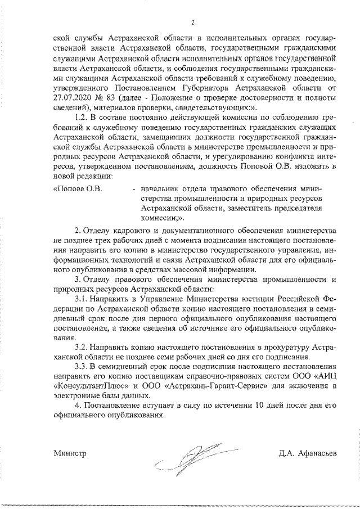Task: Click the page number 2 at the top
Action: (x=192, y=22)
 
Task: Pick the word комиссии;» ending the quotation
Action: (x=161, y=218)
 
